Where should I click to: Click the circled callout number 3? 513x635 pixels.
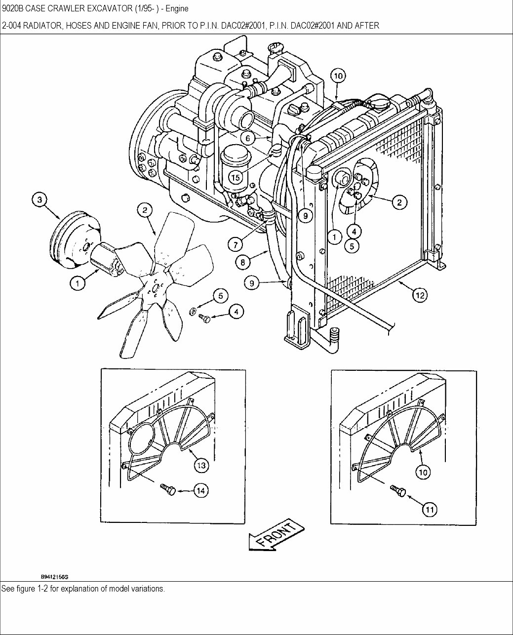point(40,200)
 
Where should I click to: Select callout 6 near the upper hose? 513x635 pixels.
point(250,138)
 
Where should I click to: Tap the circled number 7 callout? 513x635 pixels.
point(235,244)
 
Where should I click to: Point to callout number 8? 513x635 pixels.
point(243,263)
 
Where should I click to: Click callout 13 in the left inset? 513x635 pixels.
point(201,465)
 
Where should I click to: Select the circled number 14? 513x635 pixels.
point(200,490)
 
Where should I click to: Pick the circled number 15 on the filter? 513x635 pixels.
point(236,177)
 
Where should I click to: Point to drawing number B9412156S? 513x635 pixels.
point(54,576)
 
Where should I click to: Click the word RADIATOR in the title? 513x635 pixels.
point(38,26)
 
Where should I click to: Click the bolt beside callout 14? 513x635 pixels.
point(168,489)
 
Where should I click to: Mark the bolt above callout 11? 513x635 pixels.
point(398,490)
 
